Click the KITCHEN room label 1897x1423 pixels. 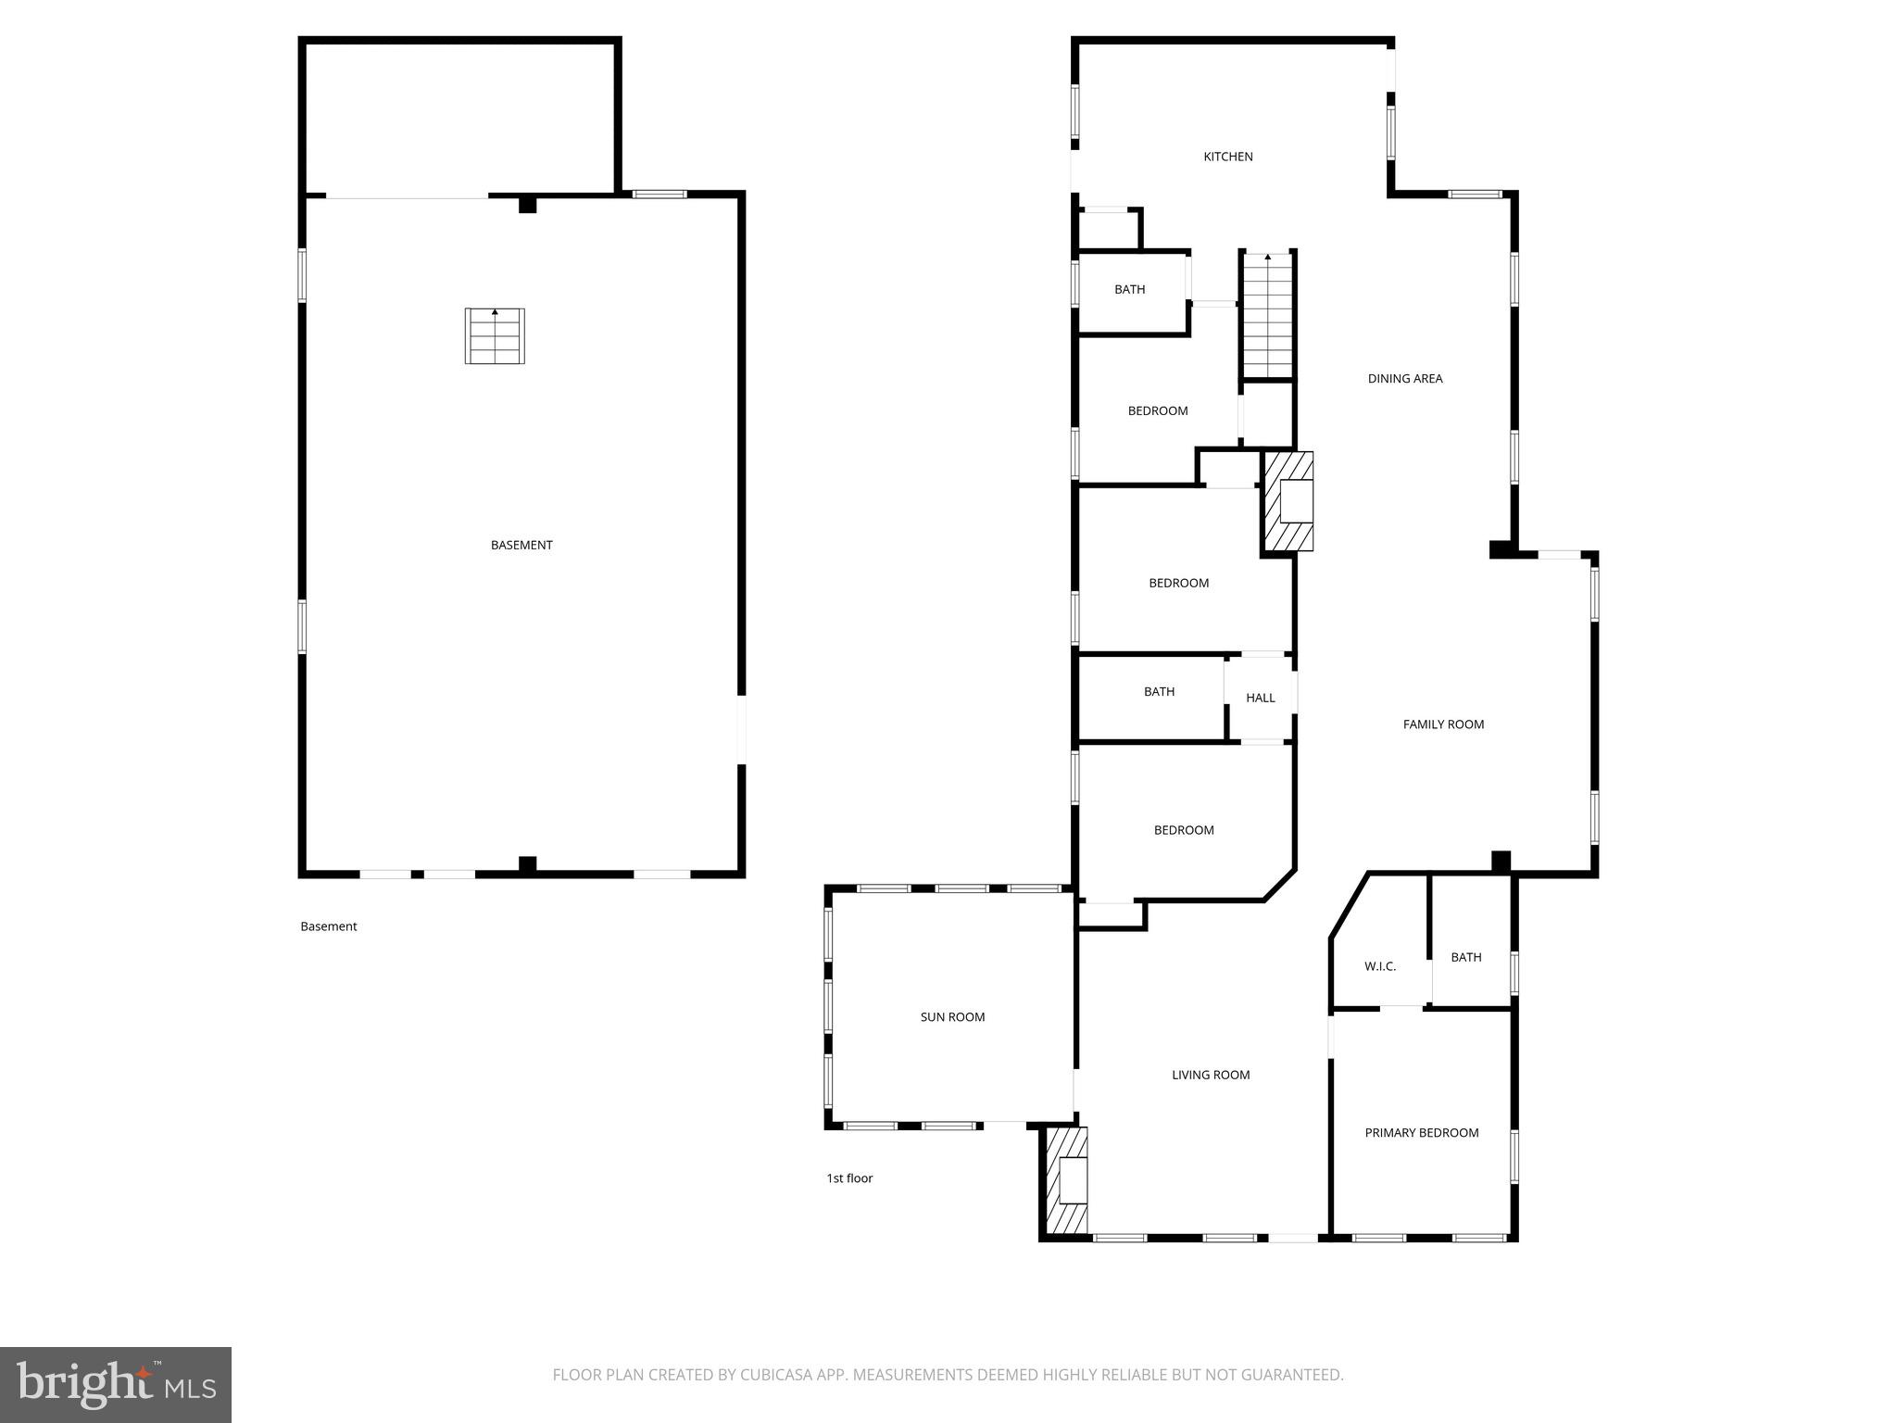click(1227, 157)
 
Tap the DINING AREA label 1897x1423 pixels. click(1404, 378)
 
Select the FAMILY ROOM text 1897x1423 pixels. click(1442, 724)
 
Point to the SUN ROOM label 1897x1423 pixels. click(952, 1016)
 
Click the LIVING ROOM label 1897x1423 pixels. click(1210, 1075)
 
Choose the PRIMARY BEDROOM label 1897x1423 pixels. click(1421, 1132)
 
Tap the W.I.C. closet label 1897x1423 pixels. click(1379, 966)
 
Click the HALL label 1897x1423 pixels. click(1260, 698)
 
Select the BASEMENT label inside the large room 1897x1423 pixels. click(521, 545)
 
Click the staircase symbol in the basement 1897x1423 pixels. click(495, 336)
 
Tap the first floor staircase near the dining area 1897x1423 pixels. click(1267, 315)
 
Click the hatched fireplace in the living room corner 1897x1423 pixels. click(1066, 1180)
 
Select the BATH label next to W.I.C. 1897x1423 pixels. click(1465, 957)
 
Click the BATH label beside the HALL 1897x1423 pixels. click(1159, 691)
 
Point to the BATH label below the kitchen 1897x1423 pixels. click(1129, 289)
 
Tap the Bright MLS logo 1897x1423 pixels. click(116, 1384)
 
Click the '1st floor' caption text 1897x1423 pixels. click(849, 1178)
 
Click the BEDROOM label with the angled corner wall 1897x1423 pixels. click(1183, 830)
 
